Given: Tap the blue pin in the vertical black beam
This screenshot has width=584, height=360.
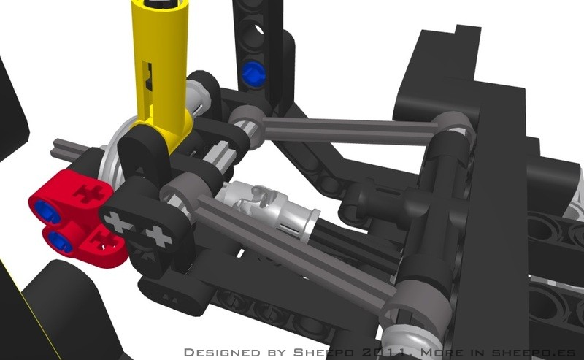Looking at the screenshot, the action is (253, 72).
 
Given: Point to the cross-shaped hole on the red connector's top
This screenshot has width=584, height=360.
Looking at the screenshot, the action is (88, 194).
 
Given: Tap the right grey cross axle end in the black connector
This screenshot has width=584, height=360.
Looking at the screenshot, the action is (159, 237).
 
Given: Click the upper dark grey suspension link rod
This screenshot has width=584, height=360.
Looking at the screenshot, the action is (346, 131).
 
